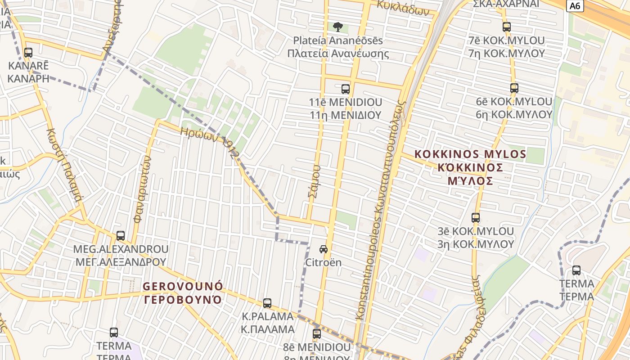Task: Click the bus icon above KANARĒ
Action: click(x=28, y=53)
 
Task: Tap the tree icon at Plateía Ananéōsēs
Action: click(x=337, y=27)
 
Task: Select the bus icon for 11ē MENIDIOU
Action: click(x=346, y=89)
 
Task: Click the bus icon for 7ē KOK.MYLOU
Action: click(x=507, y=27)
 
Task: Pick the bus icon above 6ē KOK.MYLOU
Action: click(x=514, y=88)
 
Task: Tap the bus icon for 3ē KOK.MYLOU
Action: click(x=476, y=218)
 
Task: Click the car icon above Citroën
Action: click(x=324, y=249)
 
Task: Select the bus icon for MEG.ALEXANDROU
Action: click(x=121, y=235)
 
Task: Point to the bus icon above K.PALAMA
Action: click(x=267, y=303)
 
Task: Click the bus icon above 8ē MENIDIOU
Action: click(x=317, y=333)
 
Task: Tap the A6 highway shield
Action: click(x=575, y=6)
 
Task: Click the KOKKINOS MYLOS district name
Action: click(x=470, y=154)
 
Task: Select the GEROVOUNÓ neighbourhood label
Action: click(x=183, y=286)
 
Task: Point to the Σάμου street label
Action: click(x=315, y=182)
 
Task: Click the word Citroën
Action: click(x=324, y=262)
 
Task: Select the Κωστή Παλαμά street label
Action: click(x=64, y=164)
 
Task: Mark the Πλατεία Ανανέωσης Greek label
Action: click(x=338, y=54)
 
